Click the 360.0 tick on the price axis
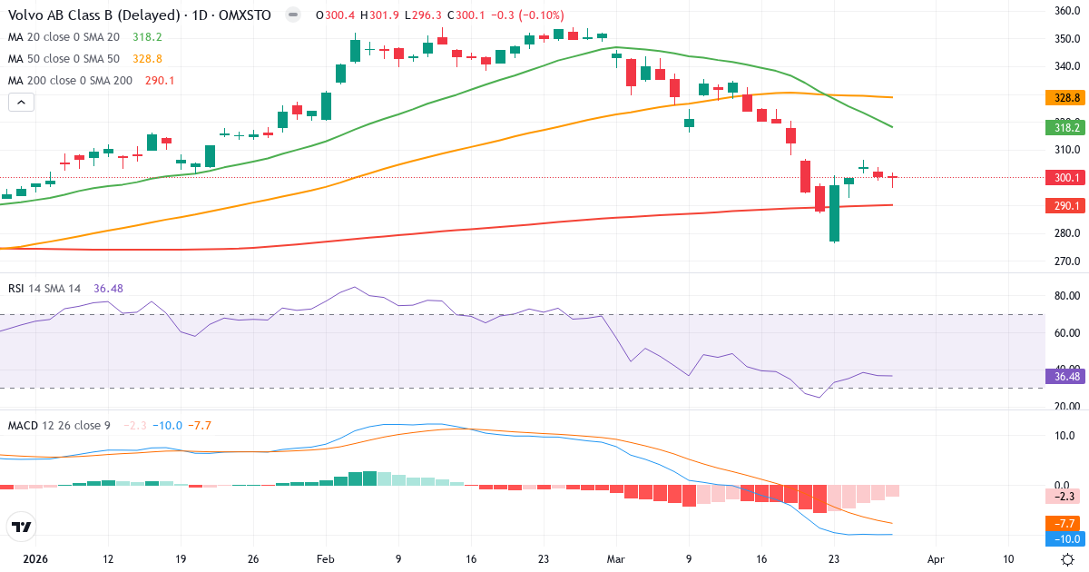pyautogui.click(x=1065, y=11)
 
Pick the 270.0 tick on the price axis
pyautogui.click(x=1065, y=261)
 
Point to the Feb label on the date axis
pyautogui.click(x=326, y=560)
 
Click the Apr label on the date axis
pyautogui.click(x=937, y=560)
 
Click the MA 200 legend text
pyautogui.click(x=70, y=80)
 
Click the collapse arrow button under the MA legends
pyautogui.click(x=21, y=102)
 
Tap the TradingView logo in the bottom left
pyautogui.click(x=22, y=527)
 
